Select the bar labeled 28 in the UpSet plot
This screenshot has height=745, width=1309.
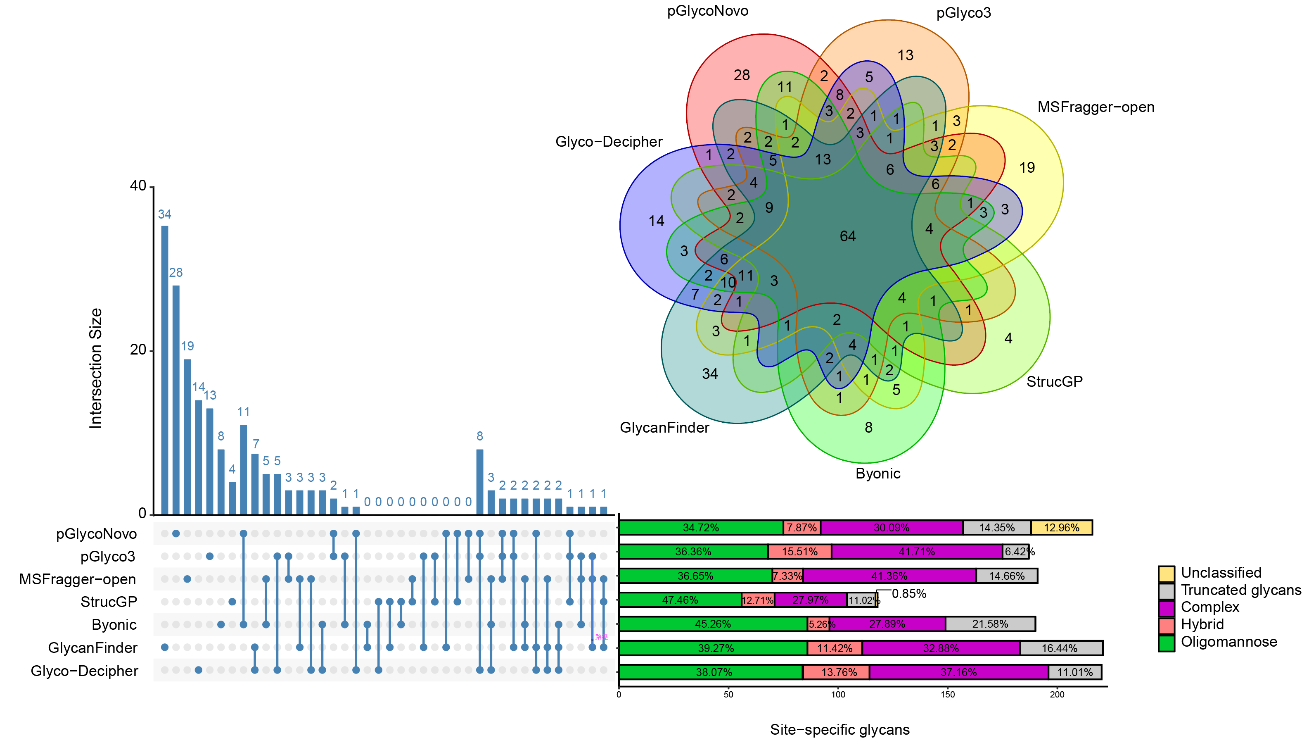[176, 399]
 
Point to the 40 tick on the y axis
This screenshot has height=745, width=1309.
[138, 186]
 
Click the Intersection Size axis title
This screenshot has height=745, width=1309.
[96, 369]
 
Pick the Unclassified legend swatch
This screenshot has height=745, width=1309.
[1167, 573]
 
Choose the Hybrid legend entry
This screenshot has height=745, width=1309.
[1202, 625]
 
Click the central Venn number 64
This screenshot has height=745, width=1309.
[848, 236]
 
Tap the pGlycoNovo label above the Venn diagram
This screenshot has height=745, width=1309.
[708, 11]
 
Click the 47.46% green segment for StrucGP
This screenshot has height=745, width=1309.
[680, 600]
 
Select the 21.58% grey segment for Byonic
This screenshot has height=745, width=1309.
[990, 624]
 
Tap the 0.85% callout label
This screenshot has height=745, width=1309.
[909, 593]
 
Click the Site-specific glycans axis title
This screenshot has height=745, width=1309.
[839, 730]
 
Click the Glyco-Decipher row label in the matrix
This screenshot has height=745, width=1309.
[84, 671]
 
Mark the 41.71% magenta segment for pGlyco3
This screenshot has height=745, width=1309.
[917, 552]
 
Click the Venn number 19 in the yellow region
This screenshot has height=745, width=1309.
[1027, 168]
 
